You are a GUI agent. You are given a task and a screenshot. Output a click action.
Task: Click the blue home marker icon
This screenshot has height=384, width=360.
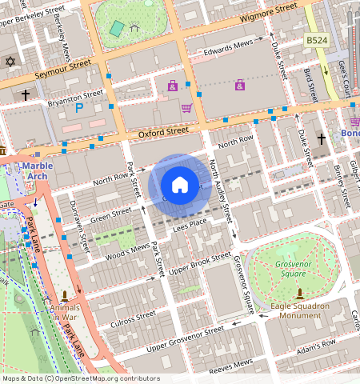(x=180, y=185)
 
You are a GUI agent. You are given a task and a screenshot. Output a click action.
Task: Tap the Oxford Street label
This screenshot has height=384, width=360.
(x=163, y=130)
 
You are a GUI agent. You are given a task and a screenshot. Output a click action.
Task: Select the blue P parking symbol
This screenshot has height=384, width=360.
(x=78, y=107)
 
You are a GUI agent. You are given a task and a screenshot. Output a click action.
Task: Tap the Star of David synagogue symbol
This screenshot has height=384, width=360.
(x=10, y=62)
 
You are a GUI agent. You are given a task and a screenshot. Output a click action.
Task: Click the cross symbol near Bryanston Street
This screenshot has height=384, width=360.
(x=26, y=95)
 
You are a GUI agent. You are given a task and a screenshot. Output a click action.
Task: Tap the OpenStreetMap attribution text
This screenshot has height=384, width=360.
(x=80, y=378)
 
